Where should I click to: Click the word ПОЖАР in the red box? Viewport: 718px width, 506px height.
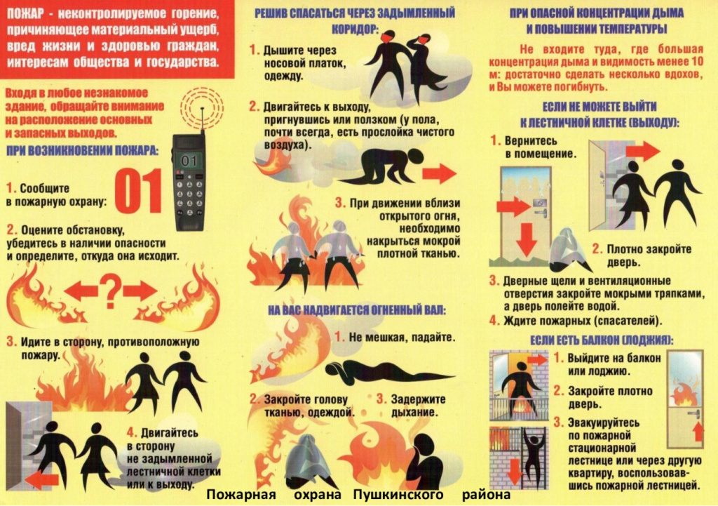tap(26, 14)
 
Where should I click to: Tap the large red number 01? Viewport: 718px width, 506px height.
tap(139, 191)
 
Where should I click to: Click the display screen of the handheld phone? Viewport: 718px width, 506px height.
tap(189, 161)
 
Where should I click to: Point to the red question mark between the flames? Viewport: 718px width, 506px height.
tap(110, 291)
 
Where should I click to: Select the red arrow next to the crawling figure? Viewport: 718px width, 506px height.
tap(439, 174)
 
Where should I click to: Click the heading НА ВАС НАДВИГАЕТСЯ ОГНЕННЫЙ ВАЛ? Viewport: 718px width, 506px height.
tap(357, 310)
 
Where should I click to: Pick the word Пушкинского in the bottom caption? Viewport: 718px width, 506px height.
tap(398, 495)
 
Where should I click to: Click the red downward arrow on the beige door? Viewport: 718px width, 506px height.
tap(527, 239)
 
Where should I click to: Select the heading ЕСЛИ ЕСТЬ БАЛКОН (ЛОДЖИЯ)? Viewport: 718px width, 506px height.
tap(601, 340)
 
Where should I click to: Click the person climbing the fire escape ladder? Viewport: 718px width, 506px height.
tap(531, 454)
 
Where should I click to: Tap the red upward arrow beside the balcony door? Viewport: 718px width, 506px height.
tap(698, 432)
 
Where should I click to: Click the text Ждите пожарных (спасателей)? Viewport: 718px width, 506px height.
tap(583, 321)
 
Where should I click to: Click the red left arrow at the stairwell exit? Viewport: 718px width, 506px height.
tap(41, 480)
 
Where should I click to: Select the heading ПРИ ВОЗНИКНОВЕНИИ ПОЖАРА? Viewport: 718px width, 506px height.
tap(83, 150)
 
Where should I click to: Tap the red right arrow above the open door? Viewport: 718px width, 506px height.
tap(642, 151)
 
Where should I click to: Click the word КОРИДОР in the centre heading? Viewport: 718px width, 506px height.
tap(355, 28)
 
